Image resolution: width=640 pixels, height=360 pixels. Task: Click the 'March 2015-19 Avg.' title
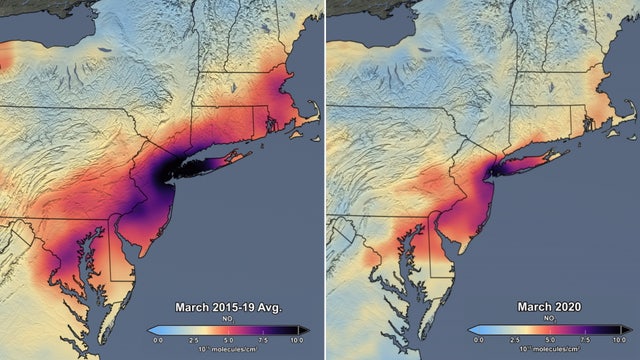coord(228,307)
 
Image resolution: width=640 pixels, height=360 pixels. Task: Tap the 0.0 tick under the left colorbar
coord(157,340)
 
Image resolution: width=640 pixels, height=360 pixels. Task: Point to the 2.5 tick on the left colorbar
coord(193,340)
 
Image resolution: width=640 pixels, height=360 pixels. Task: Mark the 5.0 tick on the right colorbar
coord(547,340)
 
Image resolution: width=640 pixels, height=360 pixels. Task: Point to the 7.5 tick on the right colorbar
coord(583,340)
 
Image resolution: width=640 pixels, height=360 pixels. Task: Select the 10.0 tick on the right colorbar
coord(618,340)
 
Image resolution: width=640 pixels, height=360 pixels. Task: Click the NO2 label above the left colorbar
coord(229,318)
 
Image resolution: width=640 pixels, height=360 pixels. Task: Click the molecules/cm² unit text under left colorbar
coord(229,351)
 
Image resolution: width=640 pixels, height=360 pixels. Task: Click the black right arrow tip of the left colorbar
coord(305,329)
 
